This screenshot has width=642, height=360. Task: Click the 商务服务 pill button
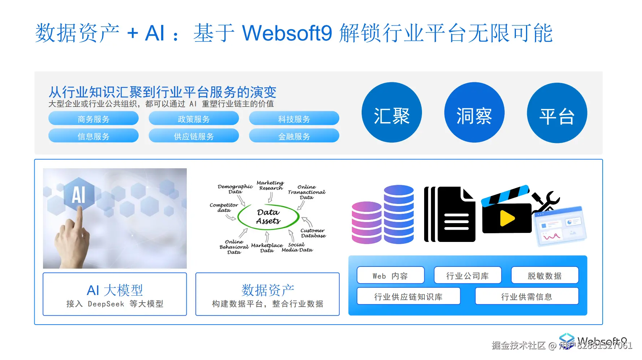pos(93,118)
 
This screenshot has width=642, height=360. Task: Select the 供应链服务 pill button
pos(194,136)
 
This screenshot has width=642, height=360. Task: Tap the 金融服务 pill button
pos(294,136)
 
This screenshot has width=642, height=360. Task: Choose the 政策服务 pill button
pos(194,118)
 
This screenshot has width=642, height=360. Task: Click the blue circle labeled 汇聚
pos(392,113)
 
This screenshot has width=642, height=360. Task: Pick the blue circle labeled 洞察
pos(474,113)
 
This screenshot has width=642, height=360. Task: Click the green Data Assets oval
pos(268,217)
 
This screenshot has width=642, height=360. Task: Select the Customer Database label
pos(313,233)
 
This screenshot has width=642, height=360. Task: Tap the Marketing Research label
pos(270,185)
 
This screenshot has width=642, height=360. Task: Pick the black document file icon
pos(456,214)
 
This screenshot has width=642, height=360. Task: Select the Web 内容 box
pos(390,276)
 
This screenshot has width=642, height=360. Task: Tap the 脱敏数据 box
pos(544,276)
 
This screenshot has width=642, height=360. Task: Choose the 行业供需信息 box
pos(526,296)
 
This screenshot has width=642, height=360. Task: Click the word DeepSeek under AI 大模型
pos(106,304)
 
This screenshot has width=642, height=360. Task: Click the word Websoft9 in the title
pos(287,33)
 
